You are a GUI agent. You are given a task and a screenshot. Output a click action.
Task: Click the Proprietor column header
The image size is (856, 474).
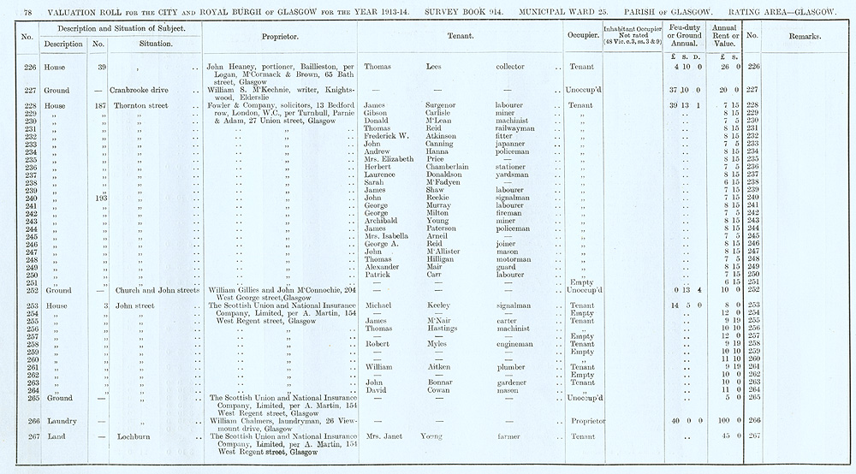coord(284,37)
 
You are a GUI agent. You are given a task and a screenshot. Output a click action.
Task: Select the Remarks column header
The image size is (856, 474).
coord(802,37)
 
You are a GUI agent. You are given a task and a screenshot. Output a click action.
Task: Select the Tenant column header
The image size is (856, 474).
coord(461,37)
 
